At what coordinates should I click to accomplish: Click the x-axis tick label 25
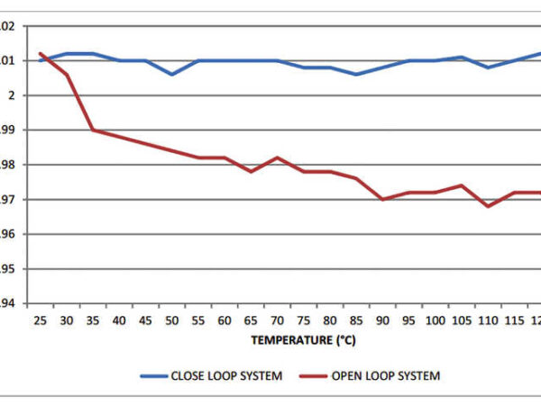[x=41, y=319]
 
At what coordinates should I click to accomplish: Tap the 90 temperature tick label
[x=383, y=319]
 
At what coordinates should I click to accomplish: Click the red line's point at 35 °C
[x=93, y=130]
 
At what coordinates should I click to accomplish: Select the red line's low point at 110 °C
[x=489, y=206]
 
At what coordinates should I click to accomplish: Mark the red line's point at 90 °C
[x=383, y=199]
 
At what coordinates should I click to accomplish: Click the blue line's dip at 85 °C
[x=356, y=74]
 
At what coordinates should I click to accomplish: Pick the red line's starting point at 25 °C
[x=41, y=53]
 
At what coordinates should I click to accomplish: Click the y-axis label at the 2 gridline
[x=8, y=95]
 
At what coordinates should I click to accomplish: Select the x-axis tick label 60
[x=225, y=319]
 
